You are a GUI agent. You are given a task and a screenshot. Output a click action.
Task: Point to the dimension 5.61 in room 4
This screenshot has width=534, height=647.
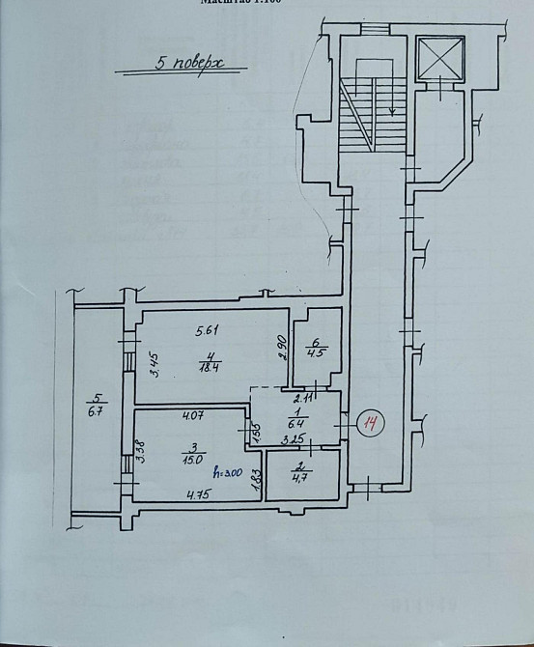click(209, 331)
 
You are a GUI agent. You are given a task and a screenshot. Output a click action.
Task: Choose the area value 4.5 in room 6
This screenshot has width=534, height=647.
click(315, 352)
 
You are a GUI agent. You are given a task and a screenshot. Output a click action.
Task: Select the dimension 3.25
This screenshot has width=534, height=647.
click(292, 440)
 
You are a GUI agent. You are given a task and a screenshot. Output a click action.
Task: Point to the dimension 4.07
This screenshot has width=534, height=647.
click(195, 417)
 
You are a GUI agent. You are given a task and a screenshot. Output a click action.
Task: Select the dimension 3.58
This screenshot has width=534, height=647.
click(140, 452)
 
